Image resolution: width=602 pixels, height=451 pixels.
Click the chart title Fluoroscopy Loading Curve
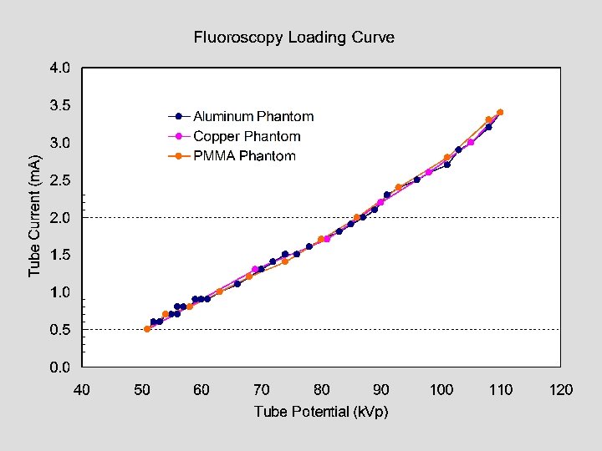pyautogui.click(x=293, y=38)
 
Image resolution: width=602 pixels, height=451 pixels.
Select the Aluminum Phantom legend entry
pyautogui.click(x=253, y=117)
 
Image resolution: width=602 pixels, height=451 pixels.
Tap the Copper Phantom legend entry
pyautogui.click(x=247, y=136)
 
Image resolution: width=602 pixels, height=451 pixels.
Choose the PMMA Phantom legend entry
pyautogui.click(x=244, y=156)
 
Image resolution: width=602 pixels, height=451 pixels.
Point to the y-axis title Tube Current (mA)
pyautogui.click(x=34, y=215)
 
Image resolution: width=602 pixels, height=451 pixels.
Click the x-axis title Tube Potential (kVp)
pyautogui.click(x=321, y=412)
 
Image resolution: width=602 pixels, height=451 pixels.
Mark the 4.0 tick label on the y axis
pyautogui.click(x=59, y=68)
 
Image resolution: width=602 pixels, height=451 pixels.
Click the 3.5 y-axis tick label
pyautogui.click(x=59, y=105)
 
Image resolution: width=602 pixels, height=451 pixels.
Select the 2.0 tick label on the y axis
pyautogui.click(x=59, y=217)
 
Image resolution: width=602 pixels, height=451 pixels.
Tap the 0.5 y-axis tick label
pyautogui.click(x=59, y=330)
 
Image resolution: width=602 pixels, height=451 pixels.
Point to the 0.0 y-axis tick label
pyautogui.click(x=59, y=367)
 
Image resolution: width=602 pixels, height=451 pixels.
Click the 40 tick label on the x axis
pyautogui.click(x=82, y=390)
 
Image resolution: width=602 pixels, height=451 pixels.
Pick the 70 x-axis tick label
pyautogui.click(x=262, y=390)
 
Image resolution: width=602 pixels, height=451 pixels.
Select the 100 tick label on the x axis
pyautogui.click(x=441, y=390)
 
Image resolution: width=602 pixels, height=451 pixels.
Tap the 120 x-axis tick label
pyautogui.click(x=560, y=390)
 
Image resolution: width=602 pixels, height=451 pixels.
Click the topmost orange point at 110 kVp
pyautogui.click(x=500, y=112)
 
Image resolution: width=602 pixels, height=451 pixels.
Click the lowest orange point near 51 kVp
pyautogui.click(x=147, y=329)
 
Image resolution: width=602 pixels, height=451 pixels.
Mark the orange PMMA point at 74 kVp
pyautogui.click(x=285, y=261)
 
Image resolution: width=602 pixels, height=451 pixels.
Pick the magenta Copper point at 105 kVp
pyautogui.click(x=471, y=142)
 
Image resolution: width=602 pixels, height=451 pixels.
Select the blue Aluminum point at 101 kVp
pyautogui.click(x=447, y=165)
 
